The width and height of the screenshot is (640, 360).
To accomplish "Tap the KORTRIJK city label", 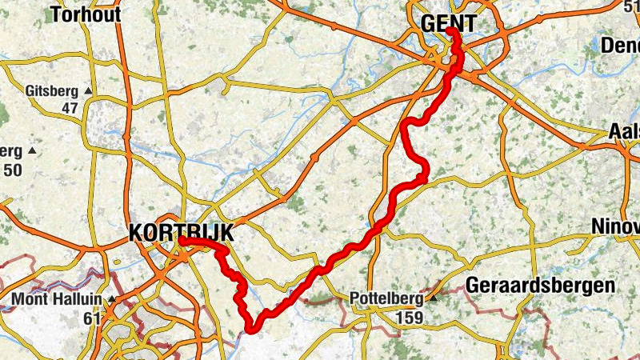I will click(x=181, y=233).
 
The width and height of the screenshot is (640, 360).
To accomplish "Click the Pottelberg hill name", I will click(x=388, y=299).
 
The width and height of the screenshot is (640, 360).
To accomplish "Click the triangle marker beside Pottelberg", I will click(x=434, y=298).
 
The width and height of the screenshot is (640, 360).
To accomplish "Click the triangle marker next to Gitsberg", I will click(x=88, y=90).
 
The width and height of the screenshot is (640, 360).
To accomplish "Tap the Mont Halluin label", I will click(x=56, y=301).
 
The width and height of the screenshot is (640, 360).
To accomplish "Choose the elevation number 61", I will click(x=92, y=318).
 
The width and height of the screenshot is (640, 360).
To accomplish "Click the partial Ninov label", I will click(x=615, y=226).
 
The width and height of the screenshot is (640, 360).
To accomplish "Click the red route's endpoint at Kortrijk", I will click(x=182, y=239).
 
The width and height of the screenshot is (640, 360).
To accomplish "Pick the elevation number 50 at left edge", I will click(x=12, y=169).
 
